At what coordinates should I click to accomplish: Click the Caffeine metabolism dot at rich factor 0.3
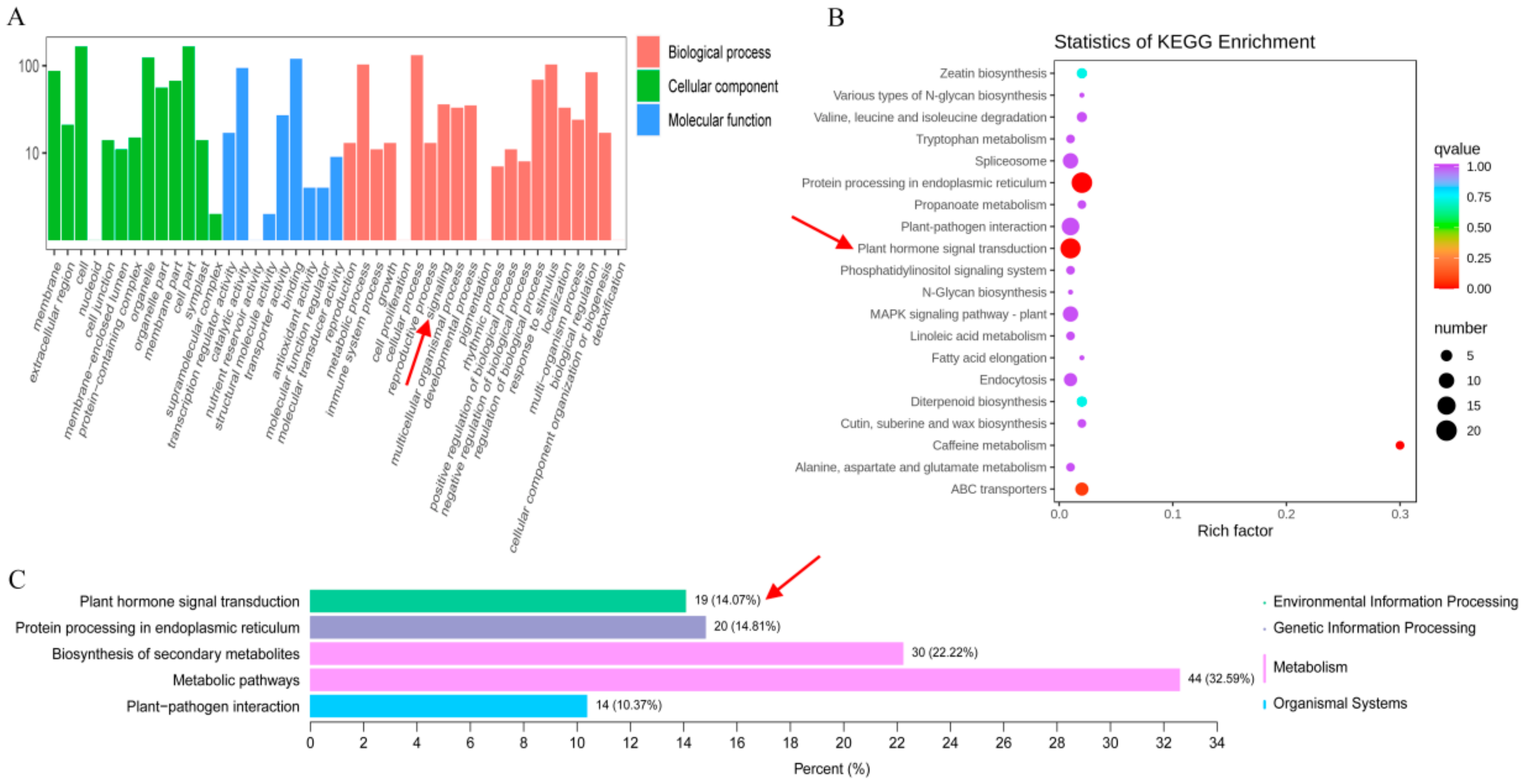click(x=1399, y=445)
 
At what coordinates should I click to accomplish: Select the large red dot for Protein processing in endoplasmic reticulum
click(x=1082, y=183)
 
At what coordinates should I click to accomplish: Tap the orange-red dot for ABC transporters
click(x=1082, y=489)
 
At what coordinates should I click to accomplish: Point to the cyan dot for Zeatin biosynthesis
click(x=1082, y=73)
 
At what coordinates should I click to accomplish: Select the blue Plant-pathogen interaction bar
click(x=448, y=706)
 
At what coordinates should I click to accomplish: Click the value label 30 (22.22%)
click(x=944, y=653)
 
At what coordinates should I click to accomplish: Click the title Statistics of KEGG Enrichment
click(x=1184, y=42)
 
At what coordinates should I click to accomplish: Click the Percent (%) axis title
click(x=831, y=769)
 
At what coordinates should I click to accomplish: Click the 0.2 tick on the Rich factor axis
click(x=1286, y=514)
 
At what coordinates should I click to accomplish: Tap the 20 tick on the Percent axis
click(x=843, y=743)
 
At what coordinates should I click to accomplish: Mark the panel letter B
click(x=835, y=18)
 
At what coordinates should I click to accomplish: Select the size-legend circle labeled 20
click(x=1446, y=431)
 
